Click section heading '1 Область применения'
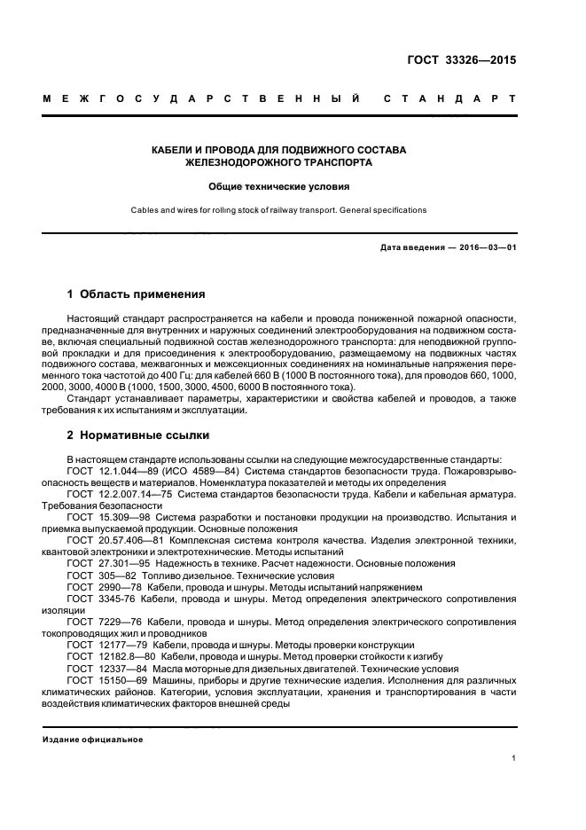tap(137, 294)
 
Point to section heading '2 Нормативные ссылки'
tap(137, 436)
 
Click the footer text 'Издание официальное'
tap(93, 739)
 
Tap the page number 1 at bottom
tap(513, 759)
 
